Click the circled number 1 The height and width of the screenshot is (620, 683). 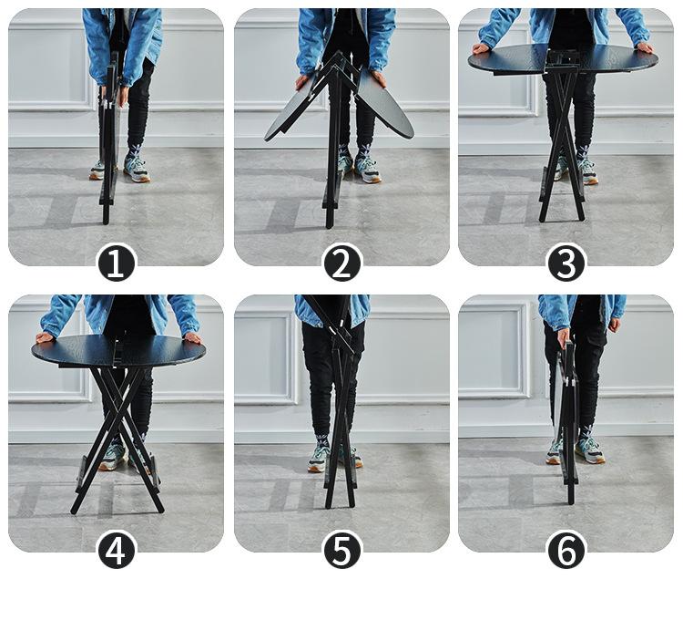coord(117,263)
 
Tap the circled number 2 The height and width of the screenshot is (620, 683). coord(341,263)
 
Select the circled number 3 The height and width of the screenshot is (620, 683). coord(566,263)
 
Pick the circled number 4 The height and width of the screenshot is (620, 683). coord(117,550)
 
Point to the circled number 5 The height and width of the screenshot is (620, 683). coord(341,550)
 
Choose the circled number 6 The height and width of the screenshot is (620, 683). coord(566,550)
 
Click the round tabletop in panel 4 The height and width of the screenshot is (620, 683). coord(117,350)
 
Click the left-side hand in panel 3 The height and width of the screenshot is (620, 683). coord(482,48)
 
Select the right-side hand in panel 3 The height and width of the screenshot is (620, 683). coord(644,47)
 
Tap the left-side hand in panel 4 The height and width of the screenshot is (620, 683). coord(46,337)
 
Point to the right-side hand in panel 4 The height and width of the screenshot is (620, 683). coord(192,338)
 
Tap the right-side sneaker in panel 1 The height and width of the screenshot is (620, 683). coord(137,169)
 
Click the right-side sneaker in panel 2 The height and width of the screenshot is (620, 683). coord(368,170)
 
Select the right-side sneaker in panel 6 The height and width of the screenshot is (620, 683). coord(590,450)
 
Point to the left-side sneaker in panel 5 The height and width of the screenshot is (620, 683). coord(319,460)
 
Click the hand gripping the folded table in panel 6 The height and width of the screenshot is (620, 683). coord(563,338)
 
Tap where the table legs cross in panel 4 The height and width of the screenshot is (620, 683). coord(117,414)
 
